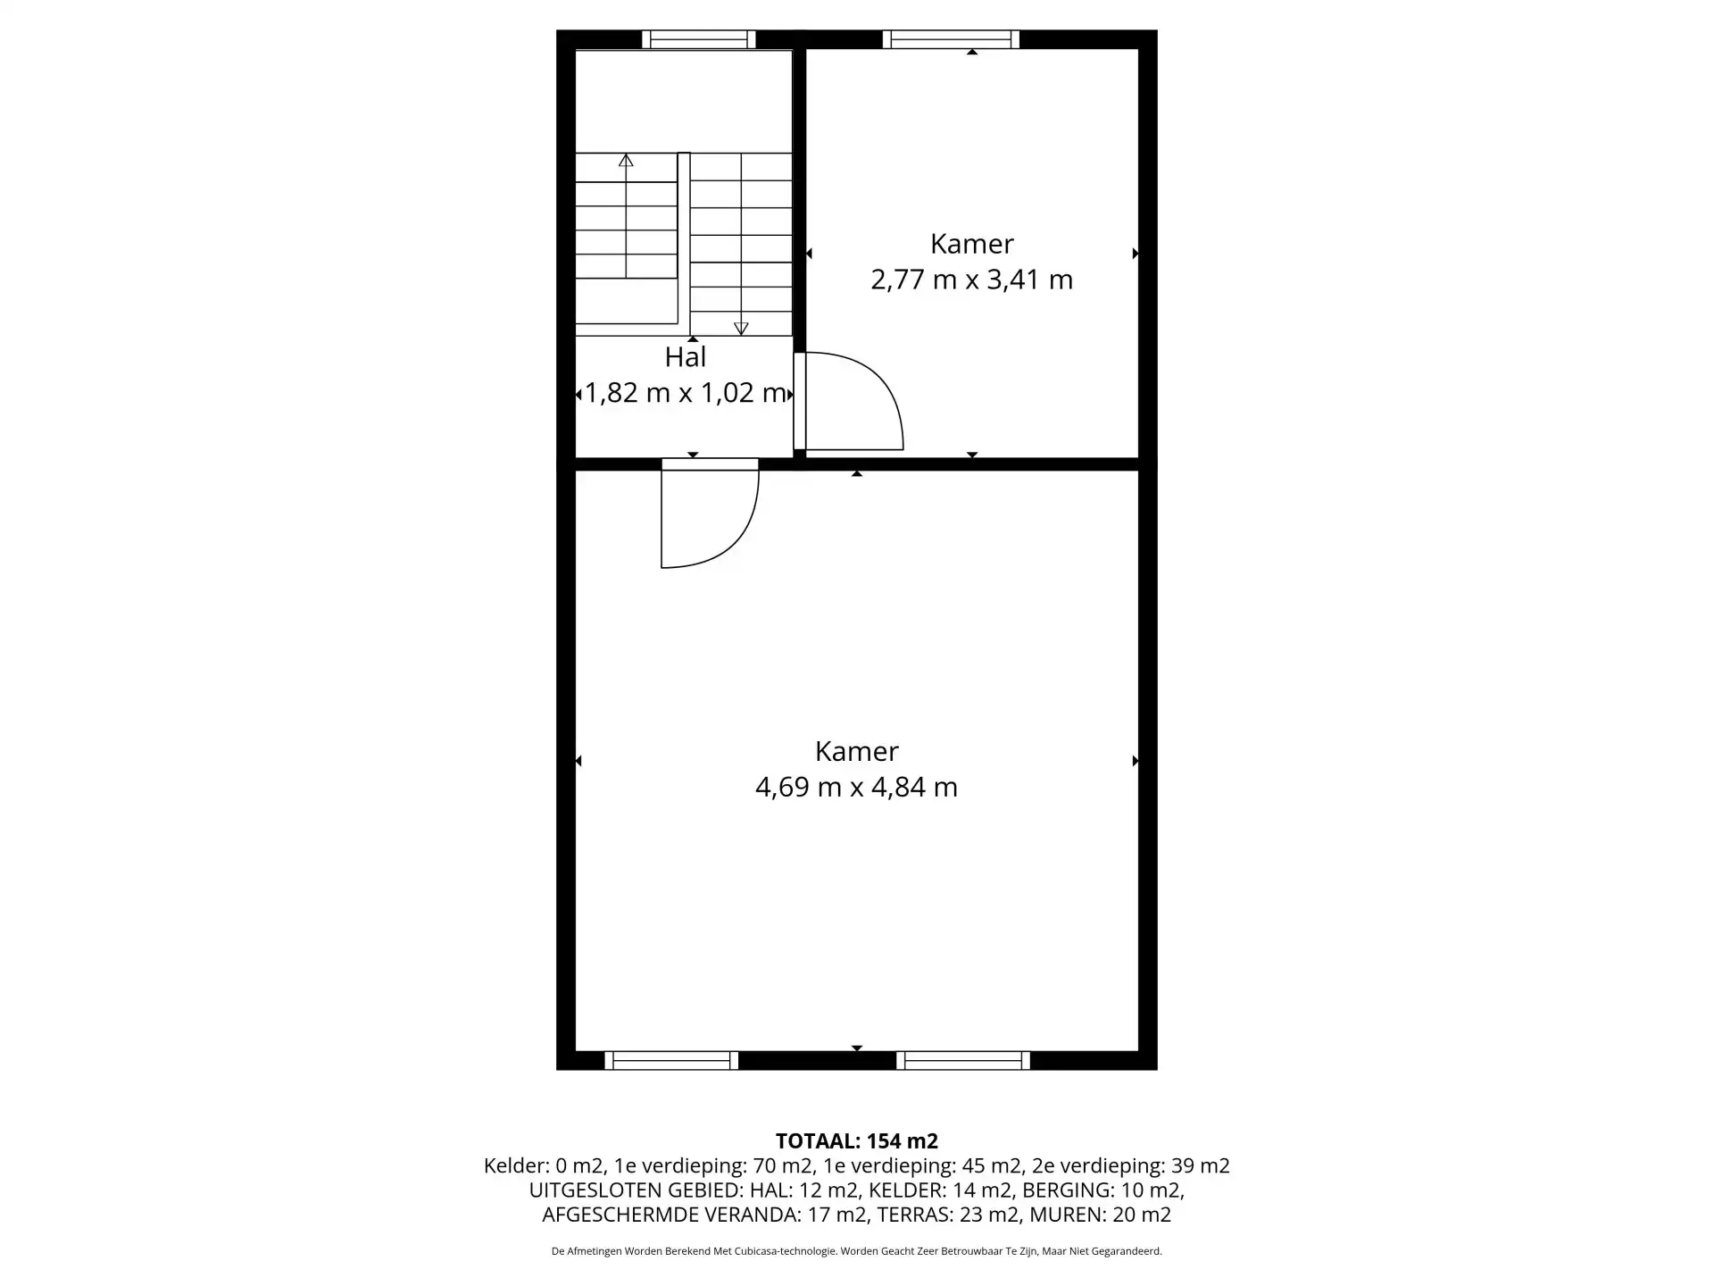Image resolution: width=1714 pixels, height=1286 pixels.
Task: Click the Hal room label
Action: pyautogui.click(x=686, y=357)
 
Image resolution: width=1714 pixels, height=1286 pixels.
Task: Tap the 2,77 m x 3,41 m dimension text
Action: pyautogui.click(x=971, y=280)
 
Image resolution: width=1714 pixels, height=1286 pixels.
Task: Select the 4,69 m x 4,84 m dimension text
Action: pyautogui.click(x=856, y=787)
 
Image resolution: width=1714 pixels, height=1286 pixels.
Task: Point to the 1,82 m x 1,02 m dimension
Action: pyautogui.click(x=685, y=393)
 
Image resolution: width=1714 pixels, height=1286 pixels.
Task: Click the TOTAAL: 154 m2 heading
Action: pyautogui.click(x=857, y=1140)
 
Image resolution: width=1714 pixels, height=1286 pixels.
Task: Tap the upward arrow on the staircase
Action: pyautogui.click(x=626, y=161)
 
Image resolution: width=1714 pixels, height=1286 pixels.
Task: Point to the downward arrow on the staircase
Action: pyautogui.click(x=741, y=328)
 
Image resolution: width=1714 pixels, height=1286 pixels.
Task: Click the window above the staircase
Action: pyautogui.click(x=699, y=39)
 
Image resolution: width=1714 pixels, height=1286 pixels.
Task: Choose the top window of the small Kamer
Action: pyautogui.click(x=951, y=39)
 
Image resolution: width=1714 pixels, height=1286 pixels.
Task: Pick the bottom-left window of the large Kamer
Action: pyautogui.click(x=671, y=1060)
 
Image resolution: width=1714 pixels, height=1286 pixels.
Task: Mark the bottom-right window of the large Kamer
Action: pyautogui.click(x=963, y=1060)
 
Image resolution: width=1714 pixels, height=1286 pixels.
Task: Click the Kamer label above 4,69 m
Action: pyautogui.click(x=856, y=751)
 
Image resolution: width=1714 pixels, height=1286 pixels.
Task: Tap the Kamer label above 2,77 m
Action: pyautogui.click(x=971, y=244)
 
